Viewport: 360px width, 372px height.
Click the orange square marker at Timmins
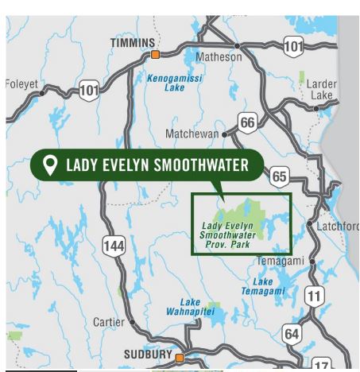156,55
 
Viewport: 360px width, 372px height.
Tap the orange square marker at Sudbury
180,357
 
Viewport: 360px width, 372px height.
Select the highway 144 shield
114,246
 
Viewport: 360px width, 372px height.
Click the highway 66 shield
248,122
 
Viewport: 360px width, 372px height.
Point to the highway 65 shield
279,176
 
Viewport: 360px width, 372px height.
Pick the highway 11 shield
315,296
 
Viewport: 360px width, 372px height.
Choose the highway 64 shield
292,333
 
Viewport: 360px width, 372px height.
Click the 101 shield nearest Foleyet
89,91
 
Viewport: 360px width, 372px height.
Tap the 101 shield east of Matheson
293,45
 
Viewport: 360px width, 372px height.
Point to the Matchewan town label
192,134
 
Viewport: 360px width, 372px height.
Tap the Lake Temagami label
268,287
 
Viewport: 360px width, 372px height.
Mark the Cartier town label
109,322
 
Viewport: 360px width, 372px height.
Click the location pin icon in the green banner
50,165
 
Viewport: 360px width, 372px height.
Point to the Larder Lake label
322,89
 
